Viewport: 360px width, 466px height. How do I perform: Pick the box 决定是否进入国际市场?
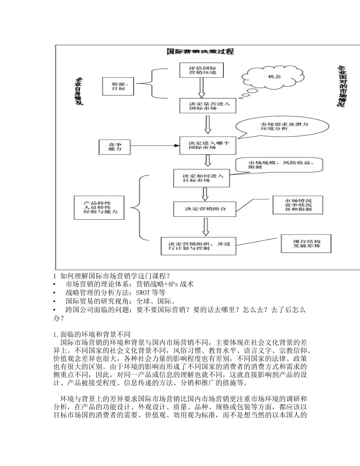(207, 106)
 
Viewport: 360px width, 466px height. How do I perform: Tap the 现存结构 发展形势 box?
(306, 244)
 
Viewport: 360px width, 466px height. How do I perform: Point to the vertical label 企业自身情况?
(79, 92)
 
